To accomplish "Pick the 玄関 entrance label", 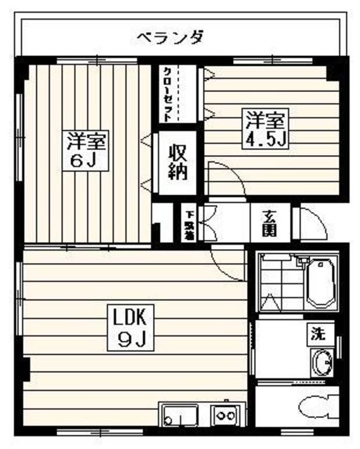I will click(x=270, y=222).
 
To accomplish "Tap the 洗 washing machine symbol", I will click(x=319, y=334).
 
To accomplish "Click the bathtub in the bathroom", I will click(x=321, y=284).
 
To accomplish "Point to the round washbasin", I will click(x=324, y=364).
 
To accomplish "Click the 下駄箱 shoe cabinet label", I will click(x=189, y=223).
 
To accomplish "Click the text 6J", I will click(x=86, y=161).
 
